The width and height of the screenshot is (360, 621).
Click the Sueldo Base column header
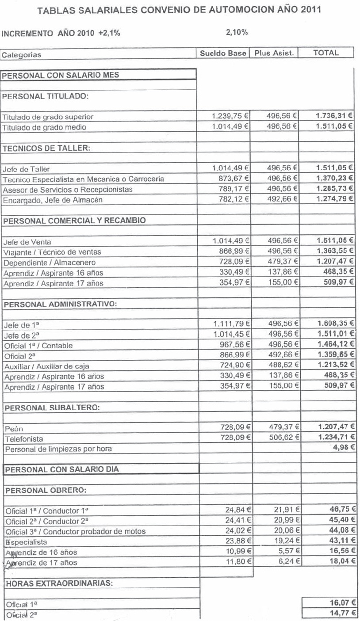(222, 53)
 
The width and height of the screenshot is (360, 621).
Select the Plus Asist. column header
(274, 53)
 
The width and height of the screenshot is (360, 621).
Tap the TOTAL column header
(326, 53)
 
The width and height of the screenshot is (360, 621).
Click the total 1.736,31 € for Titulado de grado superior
(334, 116)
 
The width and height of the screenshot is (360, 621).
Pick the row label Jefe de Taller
(26, 169)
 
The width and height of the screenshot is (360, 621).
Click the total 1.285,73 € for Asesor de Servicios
(334, 189)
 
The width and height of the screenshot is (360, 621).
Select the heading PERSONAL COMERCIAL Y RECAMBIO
(75, 220)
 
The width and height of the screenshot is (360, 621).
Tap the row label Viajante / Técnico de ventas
(52, 252)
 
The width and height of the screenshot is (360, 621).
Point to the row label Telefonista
(23, 439)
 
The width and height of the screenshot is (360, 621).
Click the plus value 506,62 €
(283, 437)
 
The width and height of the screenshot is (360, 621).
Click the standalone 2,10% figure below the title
(236, 32)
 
